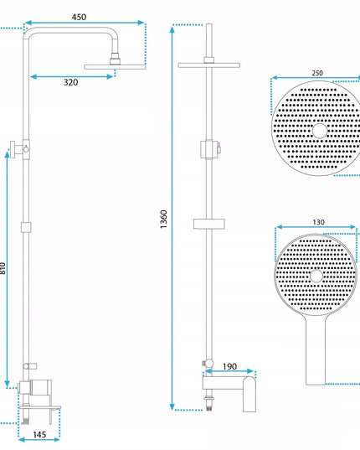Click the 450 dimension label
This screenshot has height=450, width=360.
(x=79, y=17)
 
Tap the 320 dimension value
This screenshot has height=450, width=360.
(x=70, y=82)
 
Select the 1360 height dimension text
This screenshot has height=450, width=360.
(x=163, y=220)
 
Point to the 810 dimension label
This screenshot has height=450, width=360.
(x=3, y=268)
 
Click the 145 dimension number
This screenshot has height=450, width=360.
(x=39, y=435)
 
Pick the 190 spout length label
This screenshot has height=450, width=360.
(x=229, y=366)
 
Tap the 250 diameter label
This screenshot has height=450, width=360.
(x=317, y=73)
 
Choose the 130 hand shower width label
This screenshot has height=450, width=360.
(x=318, y=222)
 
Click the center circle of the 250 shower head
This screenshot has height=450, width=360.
(x=320, y=131)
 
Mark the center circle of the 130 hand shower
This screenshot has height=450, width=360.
(x=316, y=276)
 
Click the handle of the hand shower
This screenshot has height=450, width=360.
(x=316, y=350)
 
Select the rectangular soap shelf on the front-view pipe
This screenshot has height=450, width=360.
(x=209, y=224)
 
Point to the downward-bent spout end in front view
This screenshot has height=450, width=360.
(x=249, y=395)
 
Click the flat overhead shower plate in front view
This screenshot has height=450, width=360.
(x=209, y=65)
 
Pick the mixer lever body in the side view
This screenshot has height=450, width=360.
(x=41, y=387)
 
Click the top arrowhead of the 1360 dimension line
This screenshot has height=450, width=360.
(x=172, y=28)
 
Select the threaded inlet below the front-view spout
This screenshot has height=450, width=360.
(x=209, y=403)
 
